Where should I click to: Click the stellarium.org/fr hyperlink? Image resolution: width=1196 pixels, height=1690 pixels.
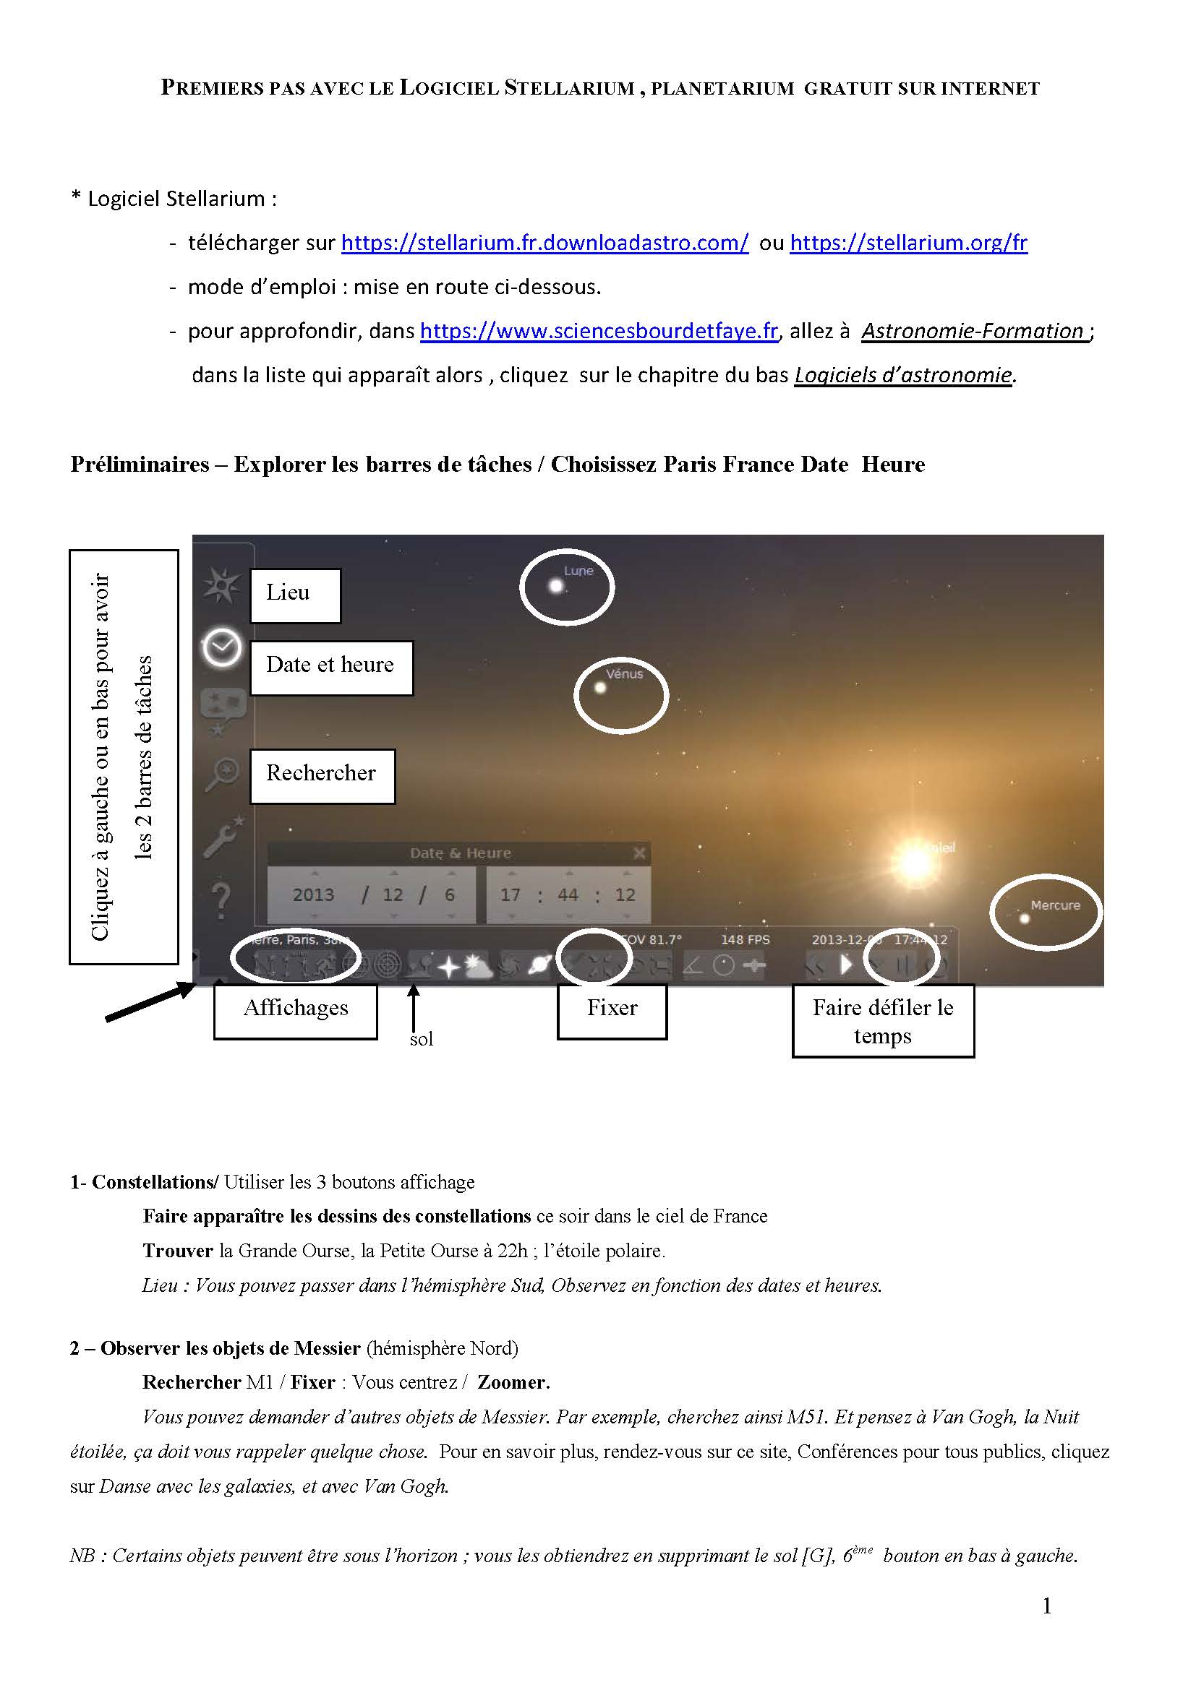coord(908,243)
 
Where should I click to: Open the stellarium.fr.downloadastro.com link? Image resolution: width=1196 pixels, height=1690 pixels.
coord(545,243)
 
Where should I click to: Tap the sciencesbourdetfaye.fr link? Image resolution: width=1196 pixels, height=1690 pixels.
coord(599,331)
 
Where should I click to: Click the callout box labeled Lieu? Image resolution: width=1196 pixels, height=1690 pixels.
coord(295,595)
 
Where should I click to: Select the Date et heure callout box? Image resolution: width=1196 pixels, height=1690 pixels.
coord(330,667)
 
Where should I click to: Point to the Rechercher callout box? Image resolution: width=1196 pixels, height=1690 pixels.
coord(322,775)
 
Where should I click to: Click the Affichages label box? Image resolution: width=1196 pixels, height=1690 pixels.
coord(295,1011)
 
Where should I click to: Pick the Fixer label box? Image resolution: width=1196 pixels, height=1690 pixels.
coord(612,1011)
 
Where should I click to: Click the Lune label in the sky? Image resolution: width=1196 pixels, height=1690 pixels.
coord(578,571)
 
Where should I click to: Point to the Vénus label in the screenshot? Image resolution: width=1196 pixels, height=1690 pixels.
coord(625,673)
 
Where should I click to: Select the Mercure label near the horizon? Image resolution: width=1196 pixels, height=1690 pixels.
coord(1054,905)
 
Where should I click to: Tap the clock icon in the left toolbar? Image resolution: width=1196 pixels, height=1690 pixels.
coord(222,647)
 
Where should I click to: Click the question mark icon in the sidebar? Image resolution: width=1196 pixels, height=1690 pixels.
coord(221,900)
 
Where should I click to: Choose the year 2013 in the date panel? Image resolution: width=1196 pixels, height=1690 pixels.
coord(313,895)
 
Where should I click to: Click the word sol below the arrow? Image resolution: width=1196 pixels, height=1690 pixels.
coord(422,1039)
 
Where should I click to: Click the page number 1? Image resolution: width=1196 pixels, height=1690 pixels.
coord(1046,1607)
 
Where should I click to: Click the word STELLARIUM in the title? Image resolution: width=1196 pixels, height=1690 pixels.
coord(569,88)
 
